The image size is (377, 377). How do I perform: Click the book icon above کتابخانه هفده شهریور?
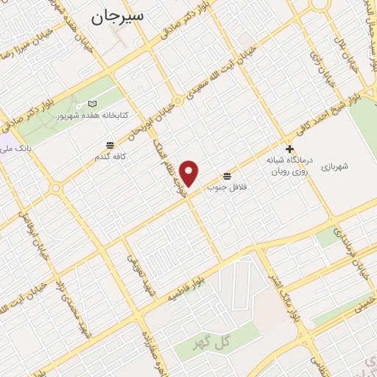91,104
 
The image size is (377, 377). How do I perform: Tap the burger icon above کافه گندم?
110,144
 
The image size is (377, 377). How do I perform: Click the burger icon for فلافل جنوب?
226,176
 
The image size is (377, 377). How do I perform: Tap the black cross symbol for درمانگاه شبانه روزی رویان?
289,149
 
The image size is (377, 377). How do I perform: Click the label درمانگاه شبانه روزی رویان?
289,165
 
